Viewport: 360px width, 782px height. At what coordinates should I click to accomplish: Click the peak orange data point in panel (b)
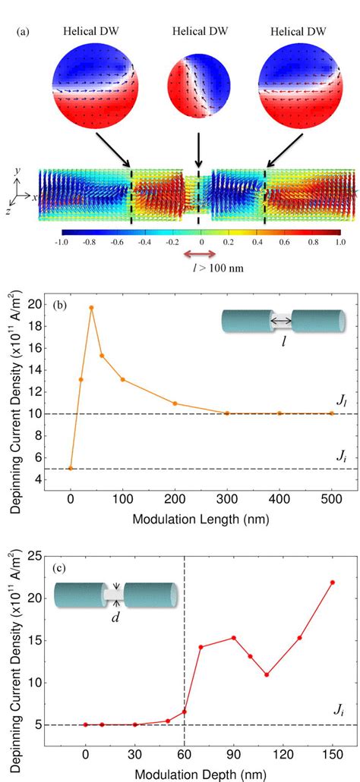91,308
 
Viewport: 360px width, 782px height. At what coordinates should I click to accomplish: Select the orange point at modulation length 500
331,413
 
